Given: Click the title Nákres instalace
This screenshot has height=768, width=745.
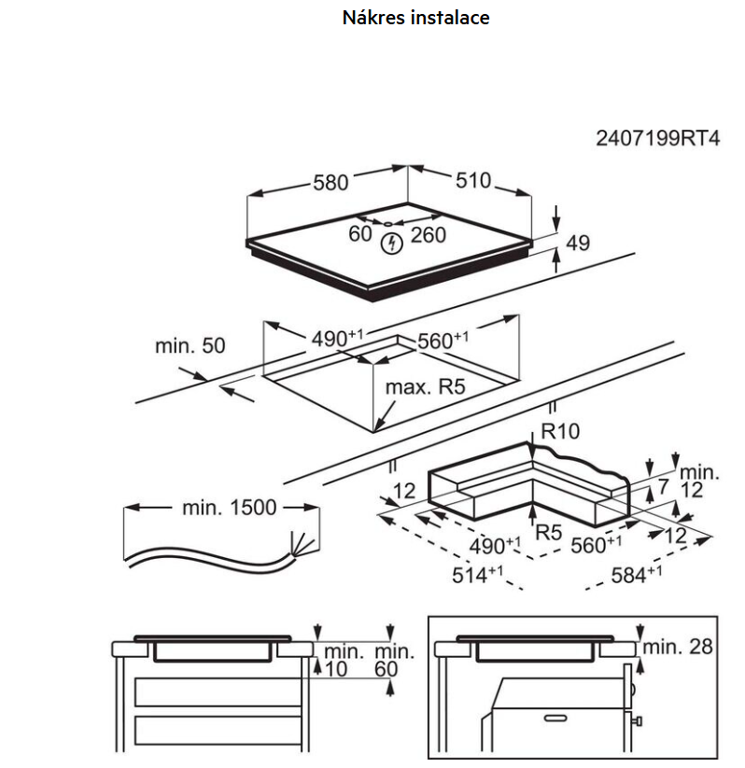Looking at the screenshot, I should tap(416, 18).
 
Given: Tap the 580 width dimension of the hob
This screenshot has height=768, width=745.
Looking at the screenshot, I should tap(330, 183).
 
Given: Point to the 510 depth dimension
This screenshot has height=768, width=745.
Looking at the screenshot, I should tap(473, 181).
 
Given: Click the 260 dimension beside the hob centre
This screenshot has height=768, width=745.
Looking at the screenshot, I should tap(428, 235).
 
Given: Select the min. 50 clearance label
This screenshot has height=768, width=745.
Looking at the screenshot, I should tap(190, 346).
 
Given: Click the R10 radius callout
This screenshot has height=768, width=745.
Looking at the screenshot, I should tap(560, 431).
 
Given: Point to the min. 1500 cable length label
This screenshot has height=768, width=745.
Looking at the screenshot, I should tap(230, 508).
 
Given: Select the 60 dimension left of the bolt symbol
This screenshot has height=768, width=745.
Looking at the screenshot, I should tap(360, 234).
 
